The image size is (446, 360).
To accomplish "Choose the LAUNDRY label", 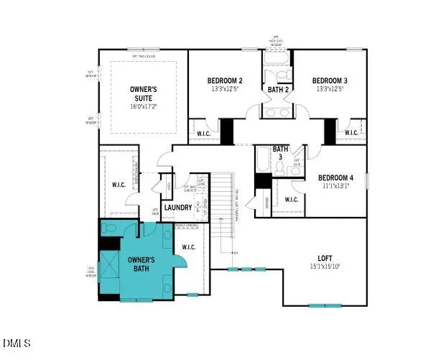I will coord(177,208).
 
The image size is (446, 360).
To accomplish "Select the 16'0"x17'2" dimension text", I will coord(144,106).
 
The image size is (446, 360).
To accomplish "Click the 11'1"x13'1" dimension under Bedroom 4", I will coord(335,185).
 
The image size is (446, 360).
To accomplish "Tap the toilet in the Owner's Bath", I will coord(108,228).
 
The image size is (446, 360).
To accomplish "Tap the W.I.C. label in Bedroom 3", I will coord(351,133).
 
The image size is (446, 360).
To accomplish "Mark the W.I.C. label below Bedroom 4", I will coord(292,200).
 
